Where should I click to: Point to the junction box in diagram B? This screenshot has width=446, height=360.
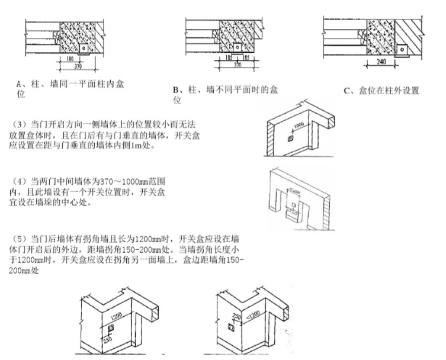[236, 46]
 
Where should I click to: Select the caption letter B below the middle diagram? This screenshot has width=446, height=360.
[176, 90]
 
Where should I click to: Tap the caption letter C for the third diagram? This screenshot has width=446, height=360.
[347, 91]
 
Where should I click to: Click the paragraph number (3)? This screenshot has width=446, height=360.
[20, 124]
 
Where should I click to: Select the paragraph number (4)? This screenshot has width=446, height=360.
[20, 179]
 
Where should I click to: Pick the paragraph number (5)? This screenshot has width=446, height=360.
[20, 239]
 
